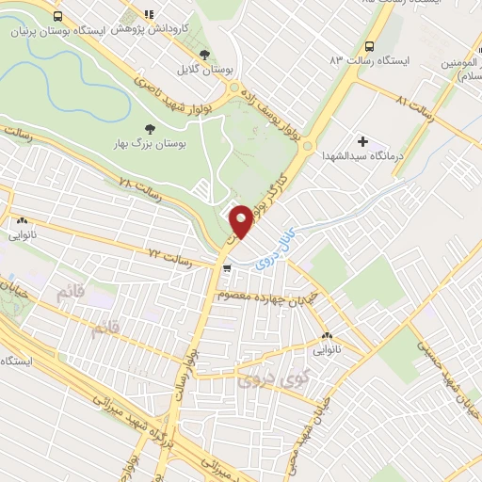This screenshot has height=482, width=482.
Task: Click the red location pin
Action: pos(241,221)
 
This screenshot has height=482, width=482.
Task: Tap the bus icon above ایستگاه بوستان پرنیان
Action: pos(59,17)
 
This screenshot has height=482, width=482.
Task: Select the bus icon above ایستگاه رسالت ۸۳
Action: pos(369,46)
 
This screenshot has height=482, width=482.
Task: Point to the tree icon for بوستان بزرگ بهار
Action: pos(148,128)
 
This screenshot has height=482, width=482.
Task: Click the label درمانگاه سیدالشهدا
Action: pos(361,155)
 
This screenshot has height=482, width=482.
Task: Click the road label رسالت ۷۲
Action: pos(169,256)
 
